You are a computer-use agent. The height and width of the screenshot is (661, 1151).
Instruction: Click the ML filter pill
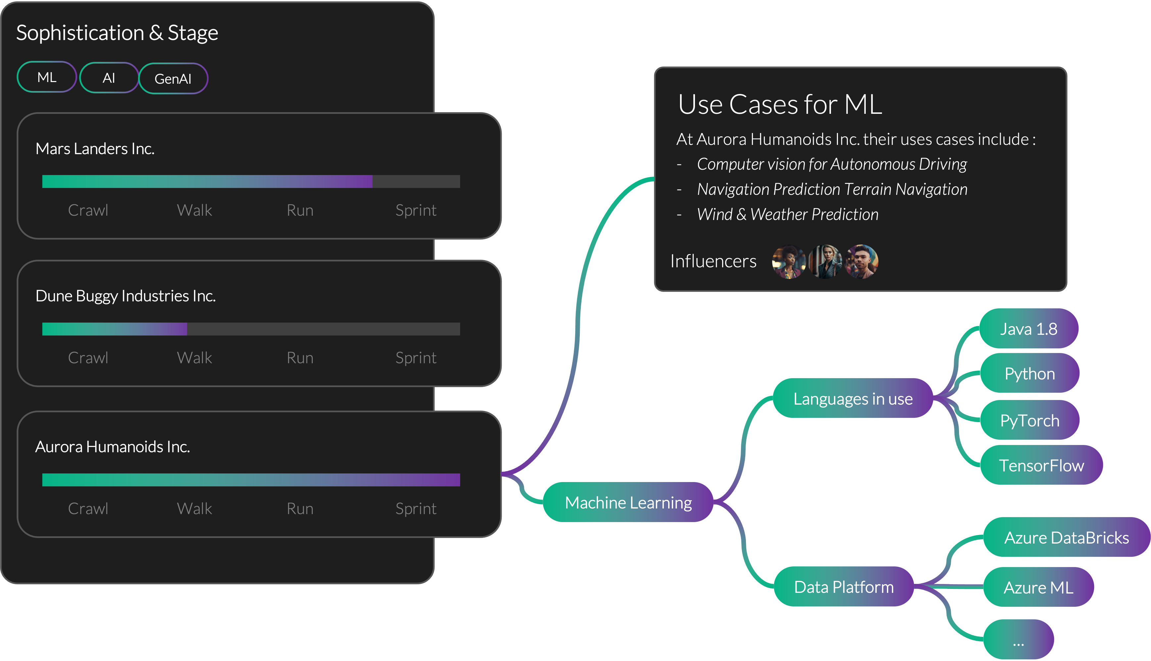click(47, 77)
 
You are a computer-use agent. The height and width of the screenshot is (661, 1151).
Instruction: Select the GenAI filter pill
click(173, 78)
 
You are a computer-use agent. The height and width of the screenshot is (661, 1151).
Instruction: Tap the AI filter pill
click(109, 78)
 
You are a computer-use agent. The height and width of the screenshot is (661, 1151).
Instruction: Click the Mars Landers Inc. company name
click(95, 149)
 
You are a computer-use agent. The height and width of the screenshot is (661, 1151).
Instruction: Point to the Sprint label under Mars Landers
click(415, 210)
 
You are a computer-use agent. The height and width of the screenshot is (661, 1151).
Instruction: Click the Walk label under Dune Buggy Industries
click(194, 358)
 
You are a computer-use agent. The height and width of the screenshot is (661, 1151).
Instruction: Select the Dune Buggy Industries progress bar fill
click(115, 329)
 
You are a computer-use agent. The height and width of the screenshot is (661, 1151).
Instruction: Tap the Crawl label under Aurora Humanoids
click(88, 508)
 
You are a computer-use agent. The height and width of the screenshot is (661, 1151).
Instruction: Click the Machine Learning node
click(628, 502)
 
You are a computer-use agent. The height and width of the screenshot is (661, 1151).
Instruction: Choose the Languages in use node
click(853, 399)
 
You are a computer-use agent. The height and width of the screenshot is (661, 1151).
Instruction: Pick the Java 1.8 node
click(1029, 329)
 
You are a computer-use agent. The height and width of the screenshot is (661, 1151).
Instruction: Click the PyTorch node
click(1029, 420)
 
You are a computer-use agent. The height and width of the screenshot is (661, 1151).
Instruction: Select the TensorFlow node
click(1041, 465)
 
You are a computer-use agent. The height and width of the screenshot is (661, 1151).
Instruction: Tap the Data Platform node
click(844, 587)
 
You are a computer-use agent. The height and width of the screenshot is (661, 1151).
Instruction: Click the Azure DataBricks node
click(1066, 538)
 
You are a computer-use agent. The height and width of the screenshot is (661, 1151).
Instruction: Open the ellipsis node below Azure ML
click(1018, 640)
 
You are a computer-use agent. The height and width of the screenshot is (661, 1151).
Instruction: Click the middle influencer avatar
click(825, 261)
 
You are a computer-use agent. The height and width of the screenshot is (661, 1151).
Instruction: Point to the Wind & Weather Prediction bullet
click(787, 214)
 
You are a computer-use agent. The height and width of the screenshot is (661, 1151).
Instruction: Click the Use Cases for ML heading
click(780, 105)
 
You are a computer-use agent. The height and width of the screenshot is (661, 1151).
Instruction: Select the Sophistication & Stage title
click(117, 33)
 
